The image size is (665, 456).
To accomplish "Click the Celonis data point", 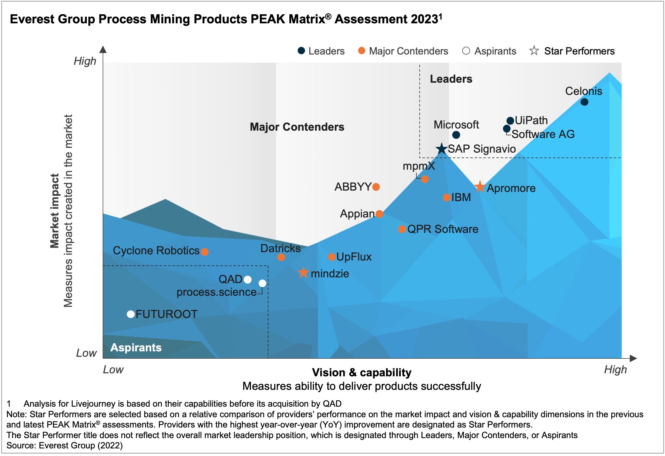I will point(584,102).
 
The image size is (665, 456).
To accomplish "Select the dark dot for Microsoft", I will point(456,135).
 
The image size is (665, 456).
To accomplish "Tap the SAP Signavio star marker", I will point(442,149).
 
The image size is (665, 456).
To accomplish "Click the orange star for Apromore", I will point(480,187).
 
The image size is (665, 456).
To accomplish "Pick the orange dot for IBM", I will point(447,197).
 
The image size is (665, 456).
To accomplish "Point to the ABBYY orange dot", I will point(376,187).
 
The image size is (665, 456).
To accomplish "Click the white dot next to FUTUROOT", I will point(131,314).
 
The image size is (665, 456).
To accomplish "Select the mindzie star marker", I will point(303,273).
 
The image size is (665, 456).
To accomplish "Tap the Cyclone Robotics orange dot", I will point(204,252).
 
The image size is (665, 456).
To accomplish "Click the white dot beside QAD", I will point(248,280).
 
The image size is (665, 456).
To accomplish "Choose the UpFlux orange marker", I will point(332,257).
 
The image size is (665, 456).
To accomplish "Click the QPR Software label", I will point(443,229).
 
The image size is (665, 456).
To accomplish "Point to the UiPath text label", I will point(531,120).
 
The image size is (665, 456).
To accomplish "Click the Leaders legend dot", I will point(301,51).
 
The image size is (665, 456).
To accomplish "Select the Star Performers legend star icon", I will point(534,51).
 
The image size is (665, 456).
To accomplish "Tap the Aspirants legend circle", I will point(466,51).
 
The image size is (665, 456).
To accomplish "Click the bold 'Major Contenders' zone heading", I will point(297,127).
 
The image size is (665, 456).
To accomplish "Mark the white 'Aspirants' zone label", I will point(136,347).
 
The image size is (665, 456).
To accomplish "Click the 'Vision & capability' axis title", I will point(362,372).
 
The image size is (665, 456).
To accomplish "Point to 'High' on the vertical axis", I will point(85,61).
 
